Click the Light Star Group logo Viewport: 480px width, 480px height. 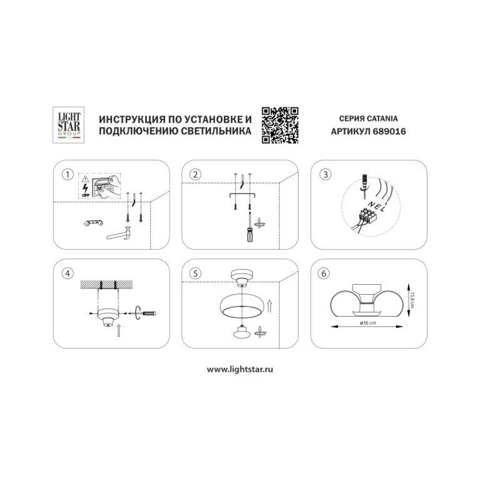click(x=69, y=125)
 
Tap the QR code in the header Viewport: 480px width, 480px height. click(x=280, y=125)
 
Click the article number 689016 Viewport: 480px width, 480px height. click(x=389, y=131)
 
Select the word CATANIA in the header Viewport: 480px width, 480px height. click(x=382, y=118)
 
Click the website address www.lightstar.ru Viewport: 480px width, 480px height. click(x=240, y=369)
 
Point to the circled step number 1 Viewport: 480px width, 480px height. click(x=68, y=175)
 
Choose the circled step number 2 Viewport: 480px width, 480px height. click(x=195, y=175)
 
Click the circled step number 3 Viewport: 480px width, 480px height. click(x=325, y=175)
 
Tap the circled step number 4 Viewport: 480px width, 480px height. click(x=68, y=273)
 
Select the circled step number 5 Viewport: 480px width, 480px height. click(x=195, y=273)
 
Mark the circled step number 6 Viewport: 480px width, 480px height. click(x=324, y=273)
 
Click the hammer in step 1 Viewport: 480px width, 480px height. click(x=120, y=233)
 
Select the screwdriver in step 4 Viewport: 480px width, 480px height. click(x=145, y=313)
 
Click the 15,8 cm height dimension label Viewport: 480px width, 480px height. click(x=412, y=300)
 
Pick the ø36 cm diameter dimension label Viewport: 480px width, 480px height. click(x=368, y=323)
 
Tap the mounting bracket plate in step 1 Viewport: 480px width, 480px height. click(x=93, y=223)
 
